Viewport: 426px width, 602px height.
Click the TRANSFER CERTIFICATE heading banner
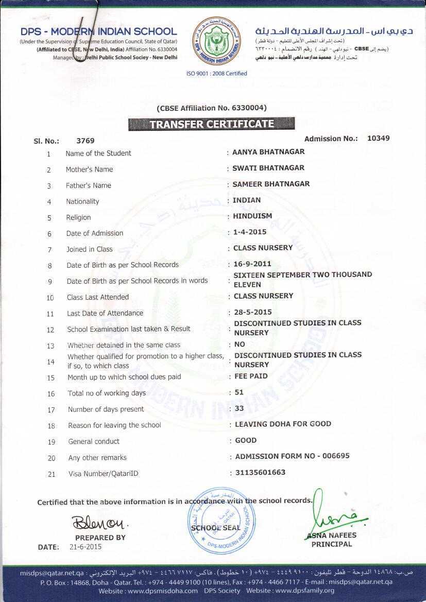coord(211,124)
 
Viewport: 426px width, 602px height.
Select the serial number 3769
coord(85,141)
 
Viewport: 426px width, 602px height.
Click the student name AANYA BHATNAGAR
coord(268,152)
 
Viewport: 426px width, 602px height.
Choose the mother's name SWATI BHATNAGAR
coord(268,168)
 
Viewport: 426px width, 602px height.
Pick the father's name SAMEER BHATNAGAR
coord(271,184)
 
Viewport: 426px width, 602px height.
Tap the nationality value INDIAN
coord(247,200)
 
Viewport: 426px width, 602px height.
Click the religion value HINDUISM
coord(252,216)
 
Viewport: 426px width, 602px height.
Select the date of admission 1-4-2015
coord(250,232)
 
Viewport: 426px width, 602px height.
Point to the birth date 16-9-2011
coord(252,264)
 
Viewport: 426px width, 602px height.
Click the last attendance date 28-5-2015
coord(252,312)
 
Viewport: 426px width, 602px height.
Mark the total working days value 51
coord(239,392)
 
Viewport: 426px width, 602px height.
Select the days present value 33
coord(240,408)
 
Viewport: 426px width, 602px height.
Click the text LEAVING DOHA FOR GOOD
coord(283,424)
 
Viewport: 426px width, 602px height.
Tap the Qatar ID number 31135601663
coord(260,472)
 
